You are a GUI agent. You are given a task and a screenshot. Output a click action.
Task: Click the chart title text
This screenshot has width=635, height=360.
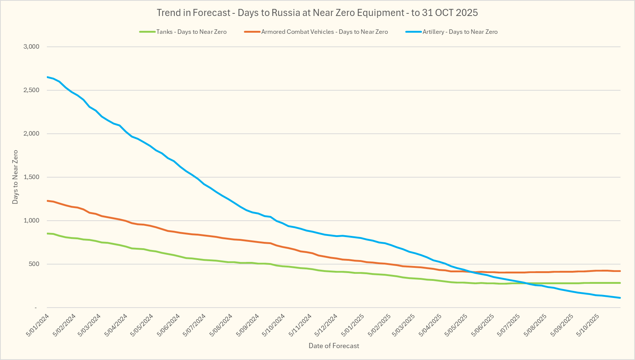(x=317, y=13)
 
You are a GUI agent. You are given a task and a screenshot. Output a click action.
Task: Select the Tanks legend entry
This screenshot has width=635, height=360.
(x=191, y=32)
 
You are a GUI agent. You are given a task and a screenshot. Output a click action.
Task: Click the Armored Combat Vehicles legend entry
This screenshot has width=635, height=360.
(x=324, y=32)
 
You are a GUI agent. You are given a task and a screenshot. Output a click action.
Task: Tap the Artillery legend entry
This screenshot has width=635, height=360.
(x=460, y=32)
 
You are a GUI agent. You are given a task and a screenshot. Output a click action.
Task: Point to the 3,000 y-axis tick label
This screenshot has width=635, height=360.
(x=31, y=47)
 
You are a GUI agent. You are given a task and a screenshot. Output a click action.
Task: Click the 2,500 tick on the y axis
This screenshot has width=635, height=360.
(x=31, y=90)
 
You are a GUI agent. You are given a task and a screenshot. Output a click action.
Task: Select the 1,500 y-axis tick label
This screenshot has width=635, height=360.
(x=31, y=177)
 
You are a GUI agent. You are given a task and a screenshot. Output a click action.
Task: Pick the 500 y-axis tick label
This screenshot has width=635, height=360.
(x=34, y=264)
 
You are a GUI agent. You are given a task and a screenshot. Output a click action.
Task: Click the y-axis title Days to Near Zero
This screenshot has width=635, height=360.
(x=15, y=177)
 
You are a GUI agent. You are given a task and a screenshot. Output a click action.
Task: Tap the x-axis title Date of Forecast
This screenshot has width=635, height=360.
(x=334, y=346)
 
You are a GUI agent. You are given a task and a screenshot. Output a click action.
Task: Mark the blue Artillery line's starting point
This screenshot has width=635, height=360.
(x=47, y=77)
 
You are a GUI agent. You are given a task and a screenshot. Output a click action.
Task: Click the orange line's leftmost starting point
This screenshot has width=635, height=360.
(x=47, y=201)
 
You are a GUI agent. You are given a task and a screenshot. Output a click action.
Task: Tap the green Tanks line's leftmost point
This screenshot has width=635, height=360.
(x=47, y=233)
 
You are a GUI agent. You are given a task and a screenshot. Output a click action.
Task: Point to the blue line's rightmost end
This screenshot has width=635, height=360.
(x=620, y=298)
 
